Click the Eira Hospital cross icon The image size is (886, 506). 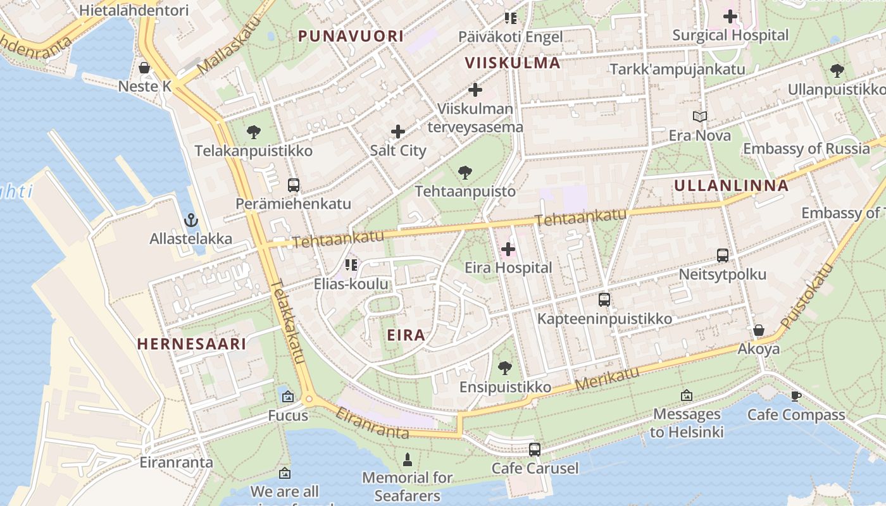pos(508,249)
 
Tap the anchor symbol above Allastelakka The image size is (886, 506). pos(190,220)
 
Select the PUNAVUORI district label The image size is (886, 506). pos(351,36)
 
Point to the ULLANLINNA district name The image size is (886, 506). pos(731,185)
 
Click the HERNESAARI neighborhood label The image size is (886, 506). pos(191,343)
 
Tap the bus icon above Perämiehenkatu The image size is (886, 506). pos(293,185)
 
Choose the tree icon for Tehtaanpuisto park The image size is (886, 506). pos(465,172)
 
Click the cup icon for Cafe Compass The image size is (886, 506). pos(796,396)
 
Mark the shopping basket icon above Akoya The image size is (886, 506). pos(758,330)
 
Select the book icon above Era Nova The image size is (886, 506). pos(699,116)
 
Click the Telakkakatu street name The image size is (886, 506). pos(287,322)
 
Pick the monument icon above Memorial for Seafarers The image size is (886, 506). pos(408,459)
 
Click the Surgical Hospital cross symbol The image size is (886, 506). pos(730,16)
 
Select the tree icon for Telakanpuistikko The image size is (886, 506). pos(254,132)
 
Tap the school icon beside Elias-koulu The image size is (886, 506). pos(351,264)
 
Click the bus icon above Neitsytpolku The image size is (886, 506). pos(722,256)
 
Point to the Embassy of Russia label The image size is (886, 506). pos(806,149)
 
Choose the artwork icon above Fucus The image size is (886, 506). pos(288,397)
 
